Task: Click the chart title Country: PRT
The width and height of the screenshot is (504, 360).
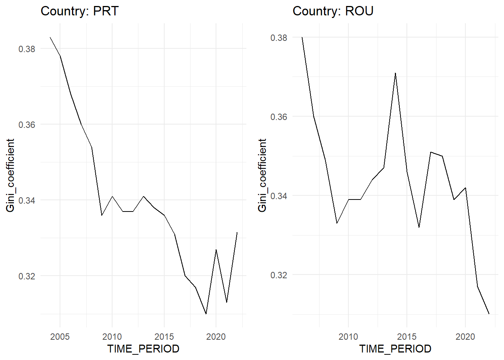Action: point(79,11)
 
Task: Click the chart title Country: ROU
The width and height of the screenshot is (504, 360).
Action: point(333,11)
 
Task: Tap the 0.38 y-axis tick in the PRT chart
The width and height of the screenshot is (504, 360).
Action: point(27,49)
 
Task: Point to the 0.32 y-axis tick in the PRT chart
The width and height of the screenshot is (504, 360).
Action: point(27,276)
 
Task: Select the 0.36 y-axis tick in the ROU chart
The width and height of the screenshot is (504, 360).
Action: point(279,117)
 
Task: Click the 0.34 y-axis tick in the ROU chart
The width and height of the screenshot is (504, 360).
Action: point(279,196)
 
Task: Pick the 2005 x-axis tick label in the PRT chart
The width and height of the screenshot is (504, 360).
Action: point(60,336)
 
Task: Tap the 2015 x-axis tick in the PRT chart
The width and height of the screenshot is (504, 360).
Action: point(164,336)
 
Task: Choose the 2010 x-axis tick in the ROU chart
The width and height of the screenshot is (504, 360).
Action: point(348,336)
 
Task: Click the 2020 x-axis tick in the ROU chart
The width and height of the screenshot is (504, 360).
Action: point(465,336)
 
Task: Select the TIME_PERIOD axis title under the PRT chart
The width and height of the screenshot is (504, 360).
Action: point(143,349)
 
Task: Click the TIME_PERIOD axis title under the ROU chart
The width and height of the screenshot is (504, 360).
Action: point(395,349)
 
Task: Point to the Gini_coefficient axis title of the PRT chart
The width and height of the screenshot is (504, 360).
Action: point(10,175)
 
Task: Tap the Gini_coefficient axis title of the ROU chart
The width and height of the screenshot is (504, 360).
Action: point(262,175)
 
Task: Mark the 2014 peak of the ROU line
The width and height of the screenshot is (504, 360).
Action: point(395,73)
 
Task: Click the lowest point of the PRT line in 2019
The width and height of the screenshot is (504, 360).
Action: point(206,314)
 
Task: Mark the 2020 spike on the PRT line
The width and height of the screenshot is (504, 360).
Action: point(216,250)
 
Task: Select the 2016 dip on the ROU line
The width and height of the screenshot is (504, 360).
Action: point(419,227)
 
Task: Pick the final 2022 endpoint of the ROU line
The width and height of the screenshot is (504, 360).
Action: point(489,314)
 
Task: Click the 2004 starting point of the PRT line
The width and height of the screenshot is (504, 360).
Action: point(50,37)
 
